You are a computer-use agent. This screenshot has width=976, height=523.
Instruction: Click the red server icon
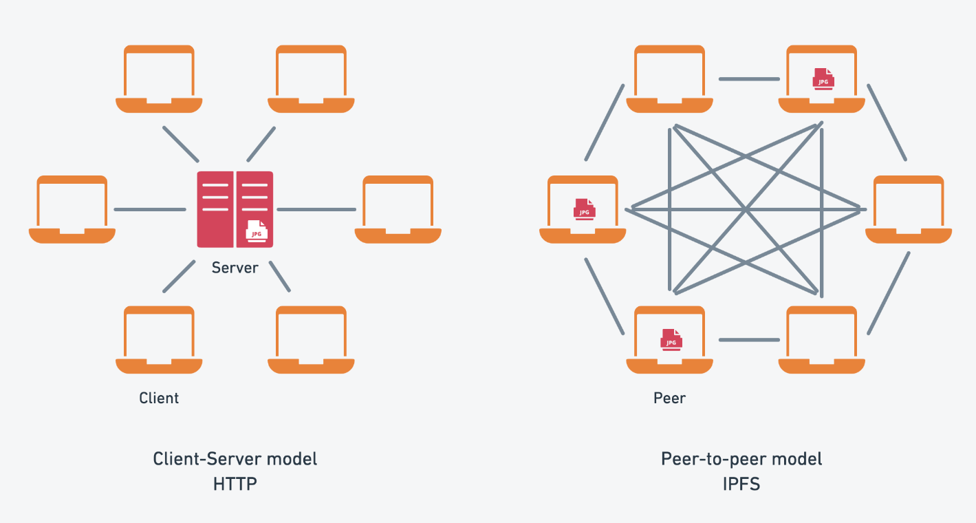click(235, 209)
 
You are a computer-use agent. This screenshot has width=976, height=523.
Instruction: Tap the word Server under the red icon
click(235, 268)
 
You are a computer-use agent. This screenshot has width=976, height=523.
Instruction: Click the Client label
click(159, 398)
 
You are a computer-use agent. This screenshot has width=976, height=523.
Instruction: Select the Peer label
click(669, 398)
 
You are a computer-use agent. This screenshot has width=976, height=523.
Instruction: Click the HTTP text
click(235, 484)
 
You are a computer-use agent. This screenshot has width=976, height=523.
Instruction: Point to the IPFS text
click(741, 484)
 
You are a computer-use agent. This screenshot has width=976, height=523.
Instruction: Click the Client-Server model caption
click(235, 459)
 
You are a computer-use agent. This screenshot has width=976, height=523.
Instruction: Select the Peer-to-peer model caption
click(741, 459)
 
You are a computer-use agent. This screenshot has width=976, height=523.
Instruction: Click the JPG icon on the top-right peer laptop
click(823, 78)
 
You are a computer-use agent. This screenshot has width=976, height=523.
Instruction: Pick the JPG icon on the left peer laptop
click(584, 209)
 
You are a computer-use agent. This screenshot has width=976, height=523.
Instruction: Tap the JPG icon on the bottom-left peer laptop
click(671, 339)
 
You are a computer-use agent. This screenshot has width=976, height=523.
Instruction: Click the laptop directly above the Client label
click(159, 340)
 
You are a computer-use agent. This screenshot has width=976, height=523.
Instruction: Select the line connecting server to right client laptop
click(316, 209)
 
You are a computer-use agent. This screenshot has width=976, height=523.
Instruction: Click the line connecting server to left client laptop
click(149, 209)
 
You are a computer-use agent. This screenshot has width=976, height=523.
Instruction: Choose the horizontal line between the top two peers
click(748, 78)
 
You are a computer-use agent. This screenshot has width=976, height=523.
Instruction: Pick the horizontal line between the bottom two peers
click(748, 339)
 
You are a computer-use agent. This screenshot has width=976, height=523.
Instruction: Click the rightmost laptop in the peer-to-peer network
click(909, 209)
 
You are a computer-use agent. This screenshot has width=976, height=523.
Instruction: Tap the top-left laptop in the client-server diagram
click(159, 78)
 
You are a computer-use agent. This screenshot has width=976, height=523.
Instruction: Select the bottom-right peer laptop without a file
click(822, 340)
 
